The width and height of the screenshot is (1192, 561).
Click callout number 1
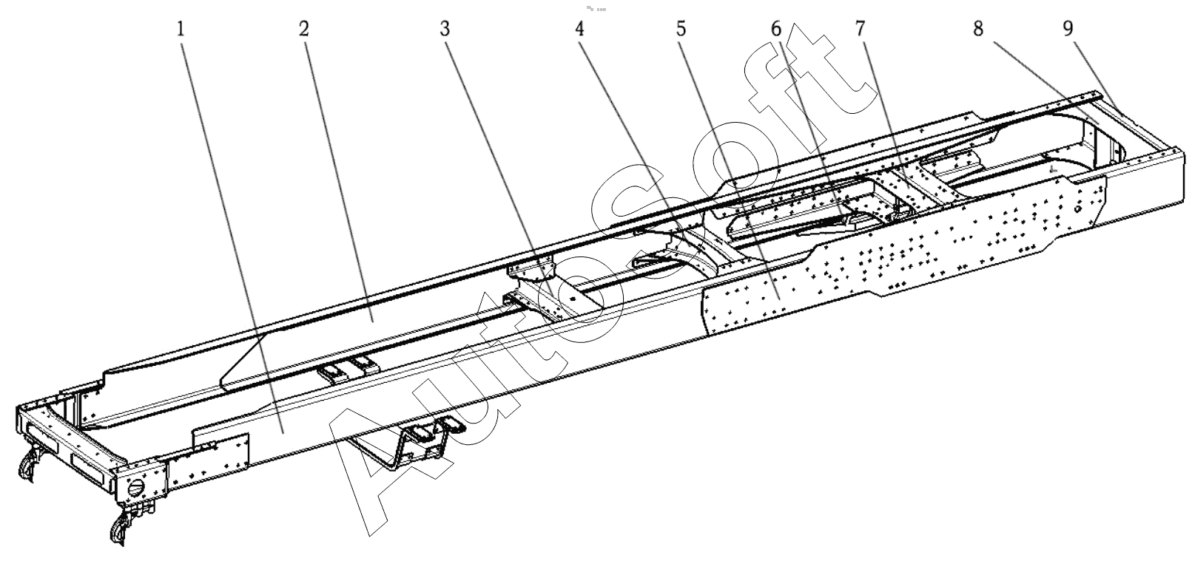coord(181,30)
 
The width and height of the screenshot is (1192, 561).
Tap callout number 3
coord(445,30)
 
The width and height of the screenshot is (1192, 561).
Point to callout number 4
coord(579,30)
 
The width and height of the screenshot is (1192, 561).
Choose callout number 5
coord(681,30)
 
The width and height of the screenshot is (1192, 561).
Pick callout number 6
coord(775,30)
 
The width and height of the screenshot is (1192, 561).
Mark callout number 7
coord(860,30)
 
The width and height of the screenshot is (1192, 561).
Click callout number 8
coord(979,30)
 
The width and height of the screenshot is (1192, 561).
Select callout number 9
coord(1068,30)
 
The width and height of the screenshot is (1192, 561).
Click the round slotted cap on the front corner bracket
coord(137,489)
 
